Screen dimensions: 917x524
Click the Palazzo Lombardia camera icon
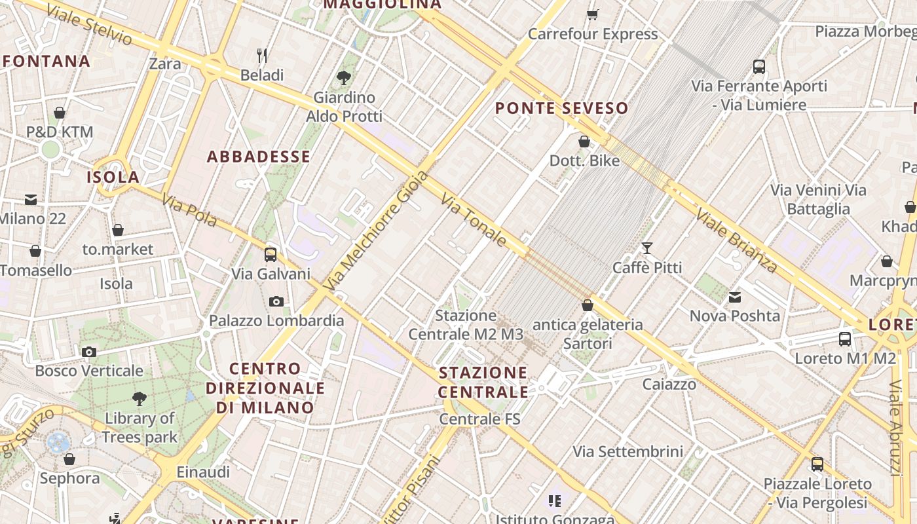pyautogui.click(x=276, y=301)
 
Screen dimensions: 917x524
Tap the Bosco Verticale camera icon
pyautogui.click(x=89, y=352)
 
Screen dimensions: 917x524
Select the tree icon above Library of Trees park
pyautogui.click(x=139, y=398)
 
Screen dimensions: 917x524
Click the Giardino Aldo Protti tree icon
pyautogui.click(x=343, y=78)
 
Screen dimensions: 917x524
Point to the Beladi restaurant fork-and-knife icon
pyautogui.click(x=262, y=55)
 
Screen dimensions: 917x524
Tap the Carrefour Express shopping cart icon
pyautogui.click(x=593, y=14)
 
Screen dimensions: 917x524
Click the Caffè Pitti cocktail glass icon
pyautogui.click(x=647, y=248)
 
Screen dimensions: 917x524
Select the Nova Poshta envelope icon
pyautogui.click(x=735, y=297)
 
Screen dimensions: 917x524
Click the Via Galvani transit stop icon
pyautogui.click(x=271, y=254)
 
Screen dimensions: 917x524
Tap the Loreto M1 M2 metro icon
pyautogui.click(x=845, y=339)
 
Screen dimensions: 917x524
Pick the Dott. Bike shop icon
pyautogui.click(x=584, y=141)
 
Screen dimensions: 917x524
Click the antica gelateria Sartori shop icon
pyautogui.click(x=588, y=305)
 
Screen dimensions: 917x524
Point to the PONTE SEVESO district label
pyautogui.click(x=561, y=108)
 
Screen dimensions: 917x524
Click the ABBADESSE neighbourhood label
pyautogui.click(x=259, y=157)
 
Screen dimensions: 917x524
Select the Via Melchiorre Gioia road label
pyautogui.click(x=377, y=230)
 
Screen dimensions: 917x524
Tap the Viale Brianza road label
pyautogui.click(x=736, y=240)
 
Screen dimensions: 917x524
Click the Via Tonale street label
pyautogui.click(x=474, y=219)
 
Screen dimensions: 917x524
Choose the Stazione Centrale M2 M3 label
pyautogui.click(x=466, y=325)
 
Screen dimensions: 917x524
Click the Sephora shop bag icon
pyautogui.click(x=69, y=458)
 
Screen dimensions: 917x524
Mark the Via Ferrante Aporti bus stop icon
pyautogui.click(x=759, y=66)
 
